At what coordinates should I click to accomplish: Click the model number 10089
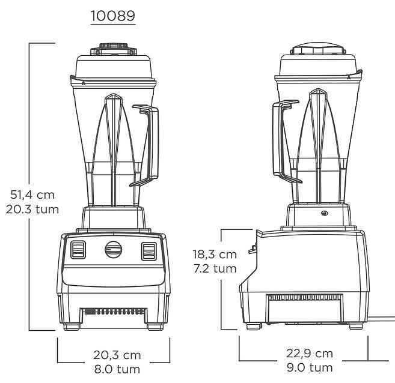(x=113, y=16)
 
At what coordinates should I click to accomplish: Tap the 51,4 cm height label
(x=32, y=195)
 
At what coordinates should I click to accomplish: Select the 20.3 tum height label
(x=32, y=210)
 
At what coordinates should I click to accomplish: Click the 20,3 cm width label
(x=117, y=355)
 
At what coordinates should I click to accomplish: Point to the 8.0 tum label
(x=117, y=369)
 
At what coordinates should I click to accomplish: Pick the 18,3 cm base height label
(x=215, y=255)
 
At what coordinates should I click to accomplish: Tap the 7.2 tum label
(x=215, y=268)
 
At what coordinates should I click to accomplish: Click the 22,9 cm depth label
(x=310, y=354)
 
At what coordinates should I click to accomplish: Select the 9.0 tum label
(x=310, y=367)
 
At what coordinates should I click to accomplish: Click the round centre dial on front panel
(x=114, y=250)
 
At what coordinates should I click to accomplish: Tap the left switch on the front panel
(x=78, y=250)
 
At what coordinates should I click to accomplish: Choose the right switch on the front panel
(x=149, y=251)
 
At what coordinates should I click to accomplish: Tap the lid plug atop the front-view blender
(x=114, y=49)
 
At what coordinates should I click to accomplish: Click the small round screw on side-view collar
(x=325, y=214)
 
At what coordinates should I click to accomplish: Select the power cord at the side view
(x=381, y=319)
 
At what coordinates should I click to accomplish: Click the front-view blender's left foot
(x=72, y=327)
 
